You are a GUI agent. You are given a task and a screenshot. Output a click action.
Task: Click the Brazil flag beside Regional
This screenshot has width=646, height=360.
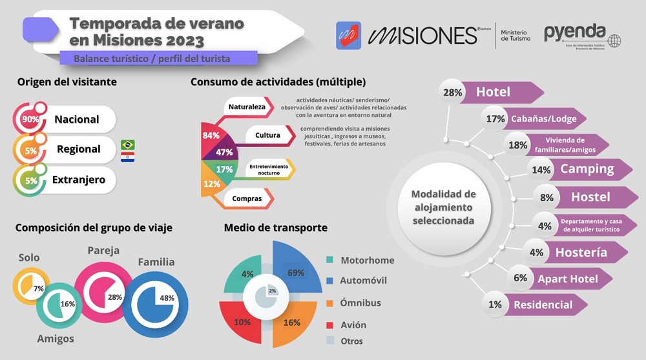click(127, 144)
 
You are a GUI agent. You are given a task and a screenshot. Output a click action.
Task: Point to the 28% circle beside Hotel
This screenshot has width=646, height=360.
click(452, 92)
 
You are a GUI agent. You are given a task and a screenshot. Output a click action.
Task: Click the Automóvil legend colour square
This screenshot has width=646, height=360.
click(329, 281)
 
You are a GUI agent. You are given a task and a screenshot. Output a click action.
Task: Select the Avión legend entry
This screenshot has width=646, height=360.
click(353, 325)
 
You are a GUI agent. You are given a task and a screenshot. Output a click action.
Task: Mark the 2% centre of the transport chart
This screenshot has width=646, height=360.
click(272, 291)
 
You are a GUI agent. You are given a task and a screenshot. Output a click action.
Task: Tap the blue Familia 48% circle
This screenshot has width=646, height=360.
click(155, 299)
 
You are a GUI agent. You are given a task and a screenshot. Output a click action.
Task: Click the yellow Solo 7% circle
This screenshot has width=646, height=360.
click(31, 288)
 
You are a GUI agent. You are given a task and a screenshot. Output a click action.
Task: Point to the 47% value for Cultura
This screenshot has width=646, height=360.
click(224, 152)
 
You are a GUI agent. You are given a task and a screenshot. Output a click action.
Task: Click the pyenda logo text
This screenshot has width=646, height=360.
click(574, 32)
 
